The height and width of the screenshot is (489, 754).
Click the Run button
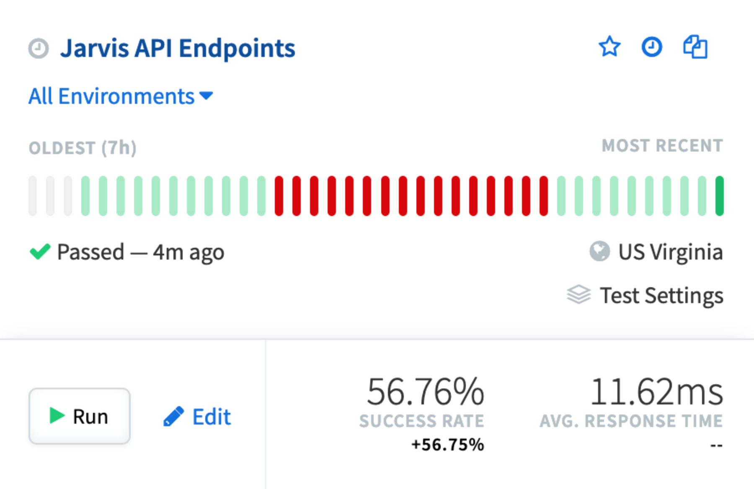pos(79,416)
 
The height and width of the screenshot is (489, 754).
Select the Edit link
pos(197,417)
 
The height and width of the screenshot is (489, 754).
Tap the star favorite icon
pos(609,46)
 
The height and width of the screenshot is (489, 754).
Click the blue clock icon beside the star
pos(652,46)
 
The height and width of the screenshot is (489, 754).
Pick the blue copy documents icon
pos(695,47)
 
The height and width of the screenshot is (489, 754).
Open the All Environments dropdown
pos(121,96)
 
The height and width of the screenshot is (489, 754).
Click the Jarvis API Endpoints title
pos(178,48)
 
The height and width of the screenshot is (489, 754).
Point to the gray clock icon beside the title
pos(39,49)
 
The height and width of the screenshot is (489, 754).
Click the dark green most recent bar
pos(720,196)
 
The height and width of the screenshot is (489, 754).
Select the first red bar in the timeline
pos(279,196)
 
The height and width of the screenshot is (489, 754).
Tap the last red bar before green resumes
pos(544,196)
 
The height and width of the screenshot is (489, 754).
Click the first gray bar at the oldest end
pos(33,196)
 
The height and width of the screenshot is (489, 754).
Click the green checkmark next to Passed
pos(40,252)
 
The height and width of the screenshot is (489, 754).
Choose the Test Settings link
pos(661,295)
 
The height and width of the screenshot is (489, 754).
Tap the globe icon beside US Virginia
pos(599,252)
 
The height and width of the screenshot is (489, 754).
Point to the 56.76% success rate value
pos(425,392)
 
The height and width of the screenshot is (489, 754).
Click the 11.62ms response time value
pos(656,392)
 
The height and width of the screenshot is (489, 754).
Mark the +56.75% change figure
pos(447,445)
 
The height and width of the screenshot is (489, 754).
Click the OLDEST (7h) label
pos(83,148)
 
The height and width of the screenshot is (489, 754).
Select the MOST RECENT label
pos(662,146)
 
